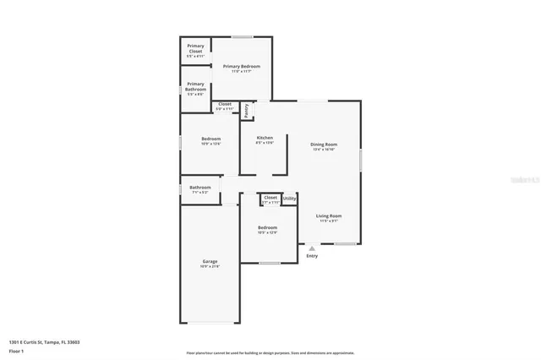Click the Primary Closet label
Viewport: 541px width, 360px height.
coord(195,47)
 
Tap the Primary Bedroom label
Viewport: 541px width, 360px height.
coord(241,66)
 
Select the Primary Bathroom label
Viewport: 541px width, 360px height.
coord(195,85)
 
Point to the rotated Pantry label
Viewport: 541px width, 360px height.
coord(246,110)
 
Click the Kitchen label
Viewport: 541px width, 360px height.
coord(265,138)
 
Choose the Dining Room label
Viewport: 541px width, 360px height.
coord(325,145)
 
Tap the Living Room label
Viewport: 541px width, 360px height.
coord(329,216)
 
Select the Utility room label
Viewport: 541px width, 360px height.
coord(289,199)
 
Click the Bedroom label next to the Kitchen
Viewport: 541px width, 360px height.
coord(210,139)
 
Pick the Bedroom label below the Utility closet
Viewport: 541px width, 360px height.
coord(267,227)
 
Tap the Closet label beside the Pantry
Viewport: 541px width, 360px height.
coord(224,104)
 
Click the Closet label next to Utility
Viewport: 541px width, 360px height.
coord(270,198)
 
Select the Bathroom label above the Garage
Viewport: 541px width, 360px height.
coord(200,188)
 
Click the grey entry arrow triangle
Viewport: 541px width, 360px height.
coord(312,248)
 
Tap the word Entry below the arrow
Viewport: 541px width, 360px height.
coord(312,257)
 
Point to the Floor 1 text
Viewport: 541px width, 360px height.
coord(16,350)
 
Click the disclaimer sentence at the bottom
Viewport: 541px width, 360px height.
coord(270,352)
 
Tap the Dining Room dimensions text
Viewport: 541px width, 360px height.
coord(325,150)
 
